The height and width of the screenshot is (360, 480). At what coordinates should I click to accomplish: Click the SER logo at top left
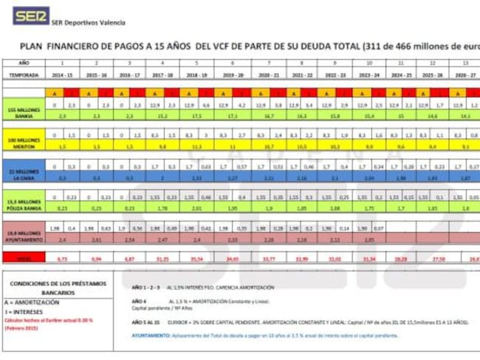(x=29, y=16)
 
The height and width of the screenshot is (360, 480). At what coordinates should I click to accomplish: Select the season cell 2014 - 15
(x=63, y=75)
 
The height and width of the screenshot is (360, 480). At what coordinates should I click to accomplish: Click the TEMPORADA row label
(x=24, y=75)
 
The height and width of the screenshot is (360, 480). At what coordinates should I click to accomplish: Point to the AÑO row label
(x=24, y=64)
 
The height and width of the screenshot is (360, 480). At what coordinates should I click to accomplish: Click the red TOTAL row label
(x=24, y=259)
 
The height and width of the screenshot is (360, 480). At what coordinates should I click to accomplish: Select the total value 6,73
(x=63, y=259)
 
